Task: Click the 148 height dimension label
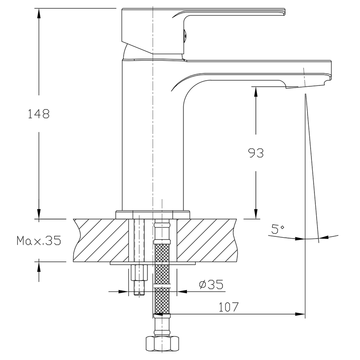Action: (x=39, y=114)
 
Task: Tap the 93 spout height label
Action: (x=256, y=153)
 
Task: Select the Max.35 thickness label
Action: (x=39, y=241)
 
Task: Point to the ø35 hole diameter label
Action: (x=211, y=285)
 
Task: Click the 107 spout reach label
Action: (x=229, y=307)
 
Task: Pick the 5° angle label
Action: (x=278, y=229)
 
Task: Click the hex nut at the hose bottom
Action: (x=162, y=344)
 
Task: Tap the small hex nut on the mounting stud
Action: (x=139, y=272)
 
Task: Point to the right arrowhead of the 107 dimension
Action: (x=300, y=314)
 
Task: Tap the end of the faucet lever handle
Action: (x=284, y=12)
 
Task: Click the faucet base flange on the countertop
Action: (x=153, y=215)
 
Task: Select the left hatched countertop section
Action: (x=101, y=240)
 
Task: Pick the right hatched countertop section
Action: (x=207, y=240)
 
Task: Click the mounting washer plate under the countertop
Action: (x=153, y=263)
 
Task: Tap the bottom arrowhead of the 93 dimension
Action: (x=256, y=214)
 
